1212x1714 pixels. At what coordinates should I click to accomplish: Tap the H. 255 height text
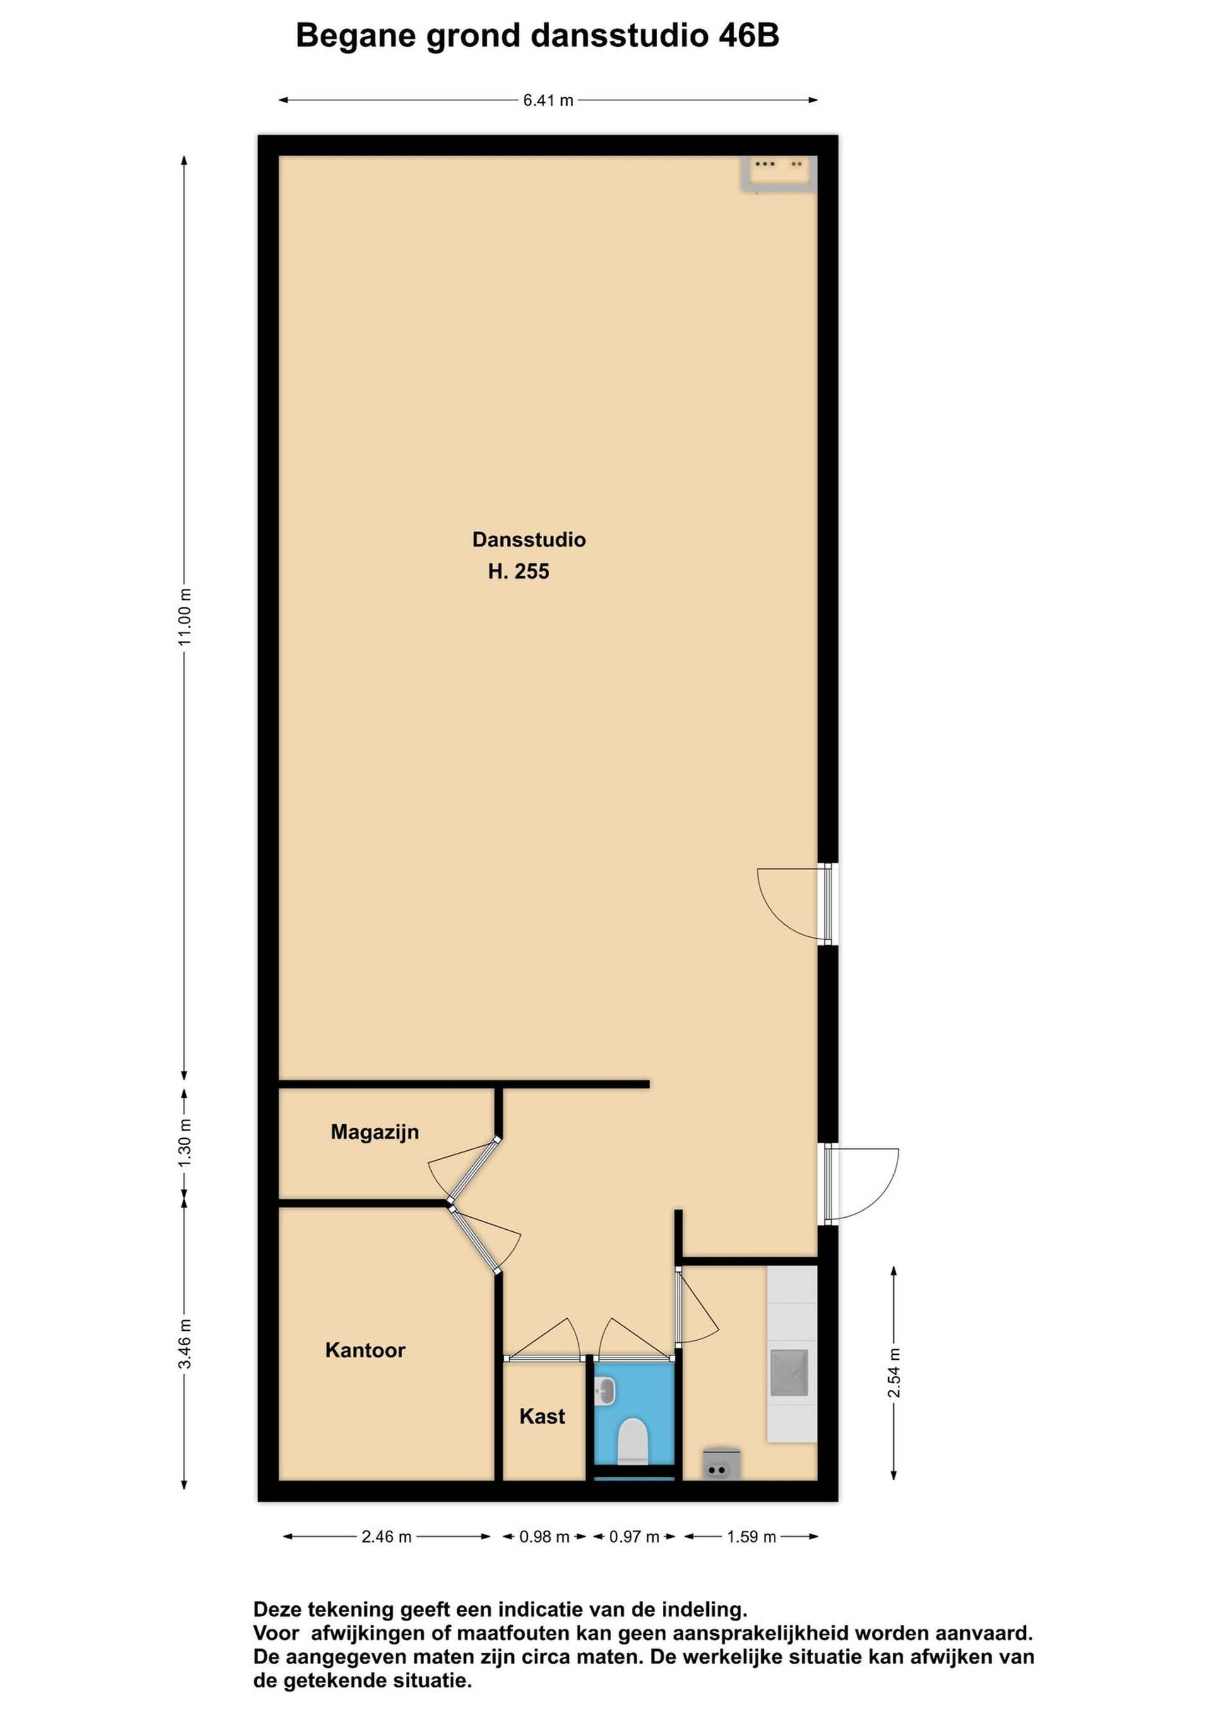519,572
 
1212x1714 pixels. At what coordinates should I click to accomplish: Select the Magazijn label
374,1133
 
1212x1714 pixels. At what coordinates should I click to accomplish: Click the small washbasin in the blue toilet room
605,1391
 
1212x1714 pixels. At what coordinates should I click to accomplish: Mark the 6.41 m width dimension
549,100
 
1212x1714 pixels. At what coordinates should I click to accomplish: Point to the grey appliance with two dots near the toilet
722,1465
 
